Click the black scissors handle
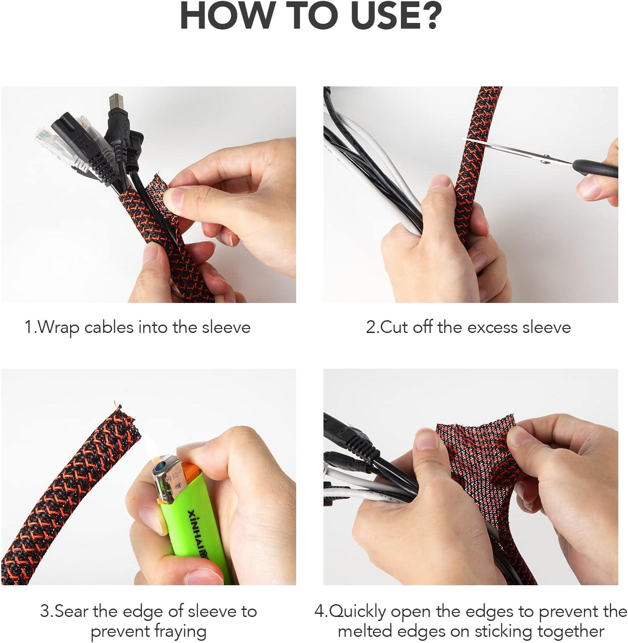[595, 168]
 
